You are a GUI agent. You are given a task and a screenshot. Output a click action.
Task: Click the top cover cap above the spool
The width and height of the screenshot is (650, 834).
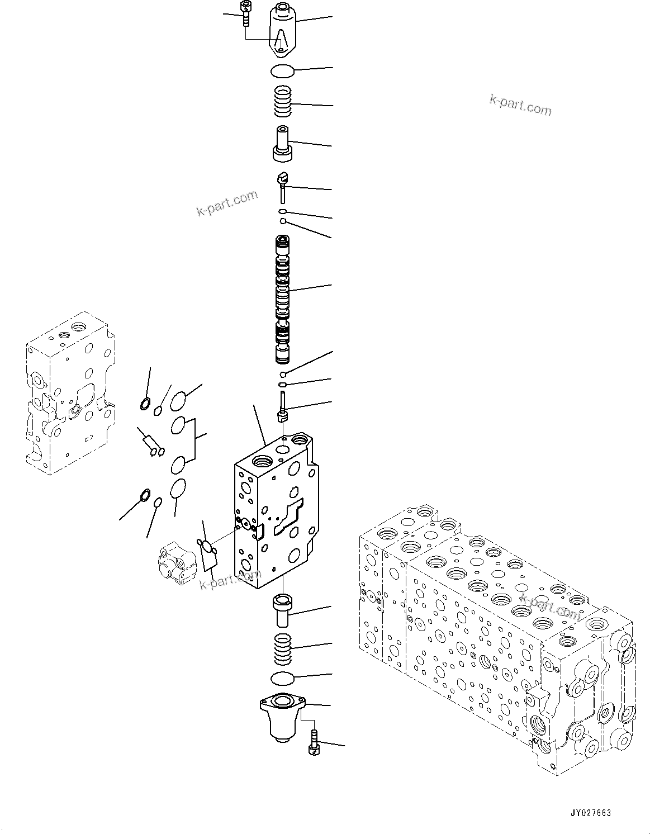284,30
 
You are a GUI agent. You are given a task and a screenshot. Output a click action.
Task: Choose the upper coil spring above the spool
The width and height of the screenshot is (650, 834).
284,101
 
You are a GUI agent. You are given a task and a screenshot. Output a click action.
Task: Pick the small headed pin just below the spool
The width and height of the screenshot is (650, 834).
283,407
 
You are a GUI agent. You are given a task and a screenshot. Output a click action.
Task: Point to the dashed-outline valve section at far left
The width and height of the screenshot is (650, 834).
70,394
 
